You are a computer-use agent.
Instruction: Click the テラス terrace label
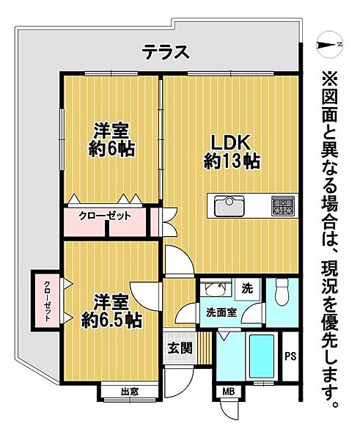pos(166,52)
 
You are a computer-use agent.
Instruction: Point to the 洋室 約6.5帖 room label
pos(111,311)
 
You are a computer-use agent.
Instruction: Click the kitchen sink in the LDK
pos(230,206)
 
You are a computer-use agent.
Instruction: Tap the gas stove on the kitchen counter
pos(282,206)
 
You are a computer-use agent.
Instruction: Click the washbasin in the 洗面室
pos(214,289)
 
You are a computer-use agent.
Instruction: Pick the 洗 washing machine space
pos(247,288)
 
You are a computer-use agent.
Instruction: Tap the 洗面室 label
pos(220,312)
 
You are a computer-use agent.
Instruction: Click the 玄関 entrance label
pos(180,348)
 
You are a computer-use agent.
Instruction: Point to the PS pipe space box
pos(290,356)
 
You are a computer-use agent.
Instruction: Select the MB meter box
pos(229,392)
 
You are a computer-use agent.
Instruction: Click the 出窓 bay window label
pos(130,392)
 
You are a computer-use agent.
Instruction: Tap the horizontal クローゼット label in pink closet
pos(106,216)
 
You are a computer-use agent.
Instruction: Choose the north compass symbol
pos(327,46)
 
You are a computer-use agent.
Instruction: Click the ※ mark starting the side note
pos(328,77)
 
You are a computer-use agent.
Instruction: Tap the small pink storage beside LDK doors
pos(154,222)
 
